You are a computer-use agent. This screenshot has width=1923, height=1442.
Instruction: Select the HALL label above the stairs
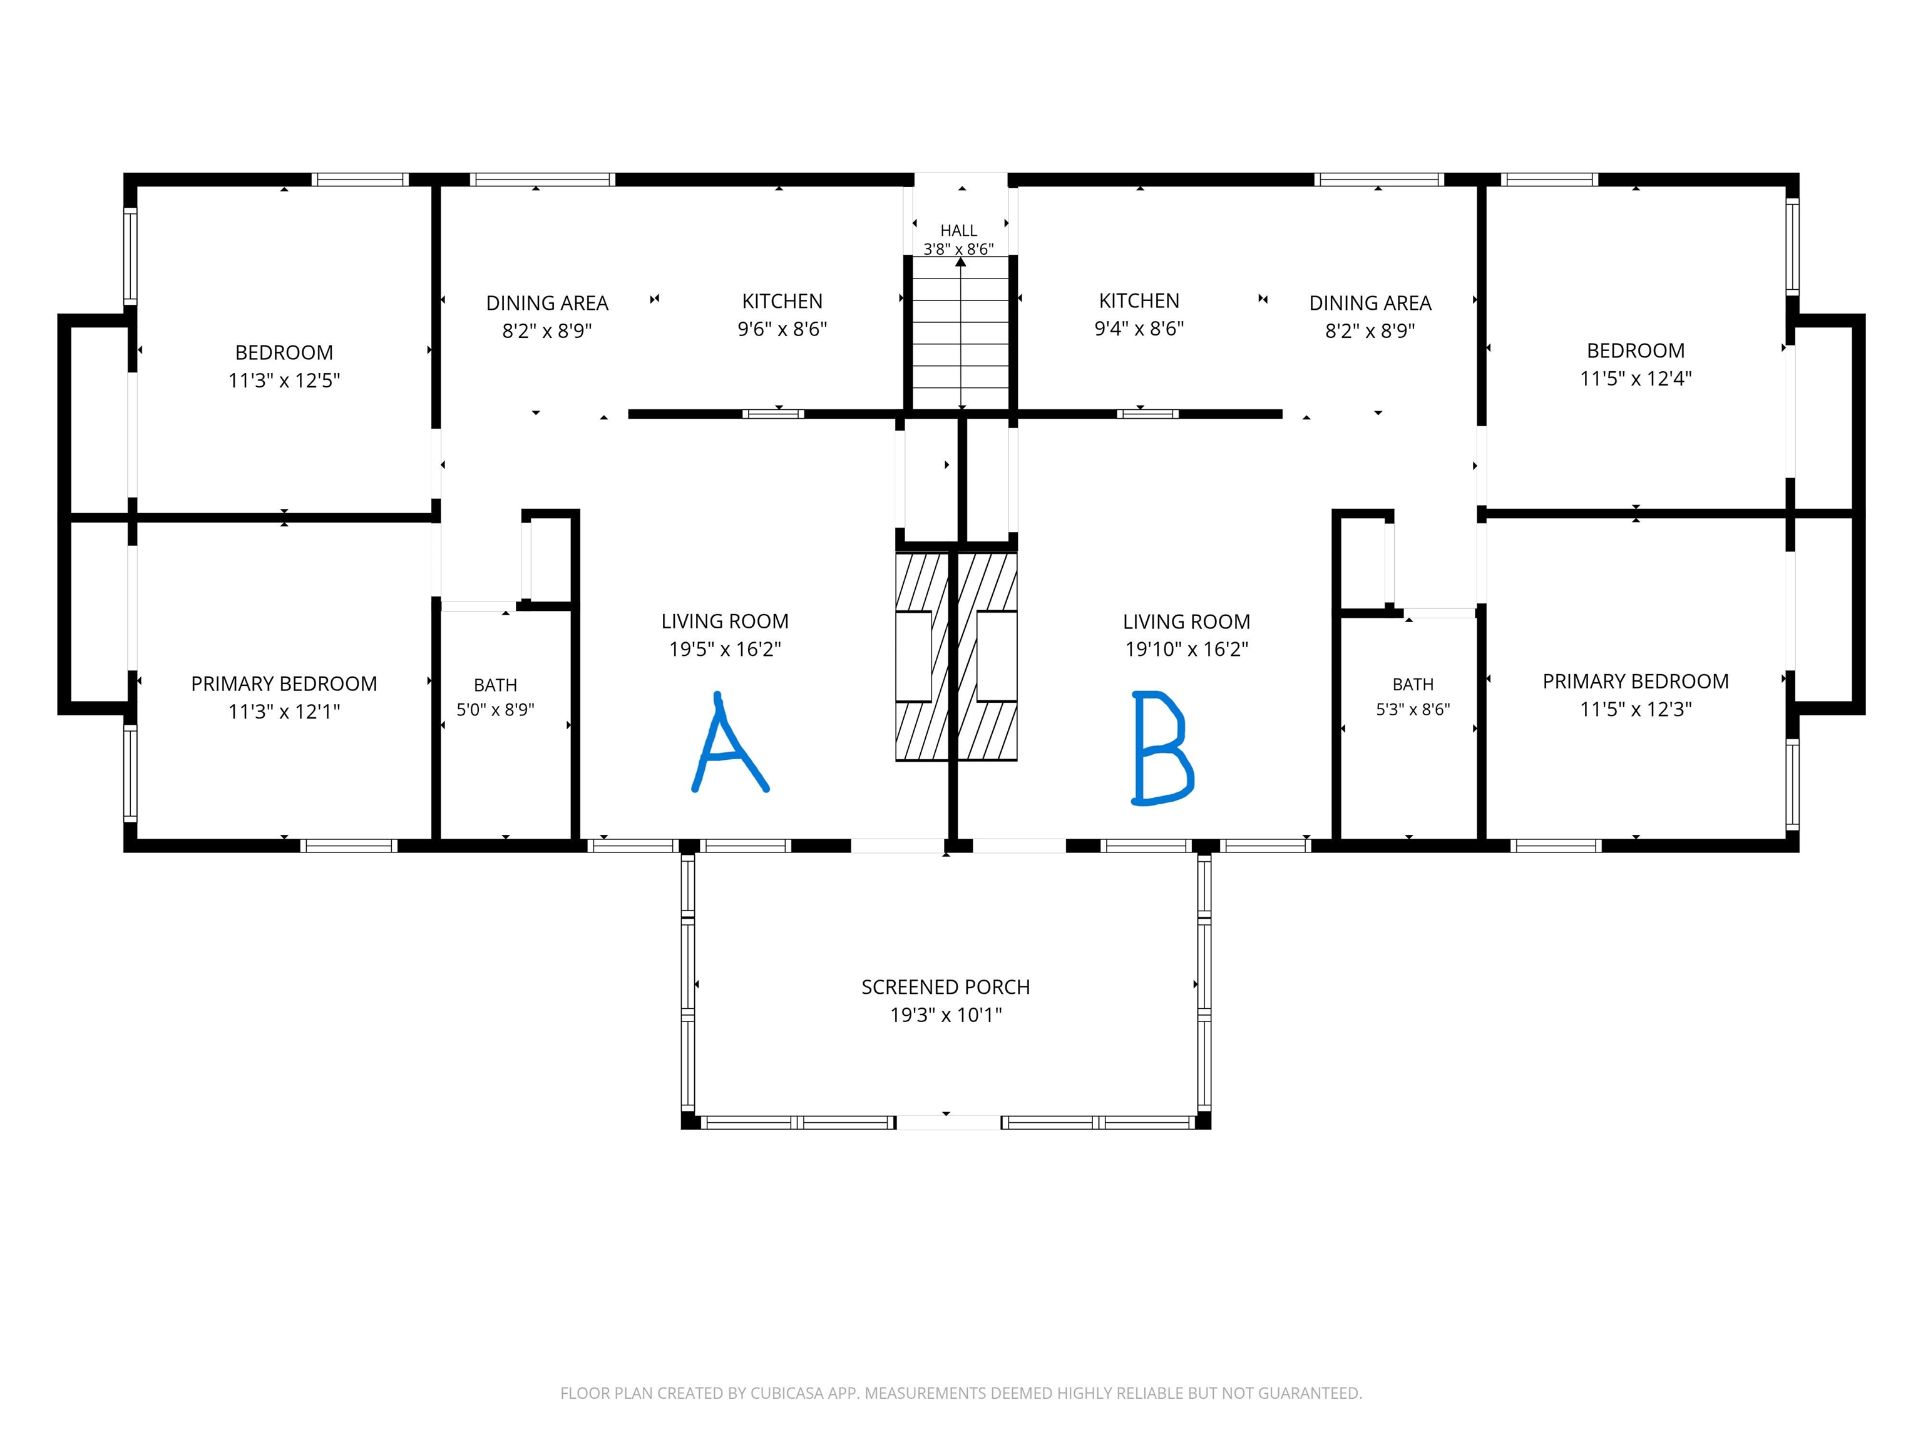959,230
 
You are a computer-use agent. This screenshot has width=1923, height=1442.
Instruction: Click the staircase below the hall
961,334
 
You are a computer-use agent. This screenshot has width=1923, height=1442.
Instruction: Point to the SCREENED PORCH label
946,988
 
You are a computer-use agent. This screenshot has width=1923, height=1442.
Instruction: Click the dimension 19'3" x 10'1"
946,1015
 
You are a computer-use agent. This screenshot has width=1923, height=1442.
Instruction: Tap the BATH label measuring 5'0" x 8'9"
496,685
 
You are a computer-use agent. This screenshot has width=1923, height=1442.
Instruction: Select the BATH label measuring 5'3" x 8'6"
1413,685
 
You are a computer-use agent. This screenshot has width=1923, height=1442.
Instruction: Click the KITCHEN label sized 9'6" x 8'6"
782,302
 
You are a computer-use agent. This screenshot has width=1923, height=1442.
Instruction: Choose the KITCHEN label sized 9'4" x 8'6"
1139,301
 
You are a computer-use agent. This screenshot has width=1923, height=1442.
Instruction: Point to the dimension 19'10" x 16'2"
1187,649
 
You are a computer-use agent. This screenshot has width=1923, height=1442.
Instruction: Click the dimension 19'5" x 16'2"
725,649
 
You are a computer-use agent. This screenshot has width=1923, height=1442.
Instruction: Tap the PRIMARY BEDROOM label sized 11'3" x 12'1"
284,684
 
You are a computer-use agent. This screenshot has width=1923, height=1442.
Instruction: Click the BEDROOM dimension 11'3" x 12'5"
284,381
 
